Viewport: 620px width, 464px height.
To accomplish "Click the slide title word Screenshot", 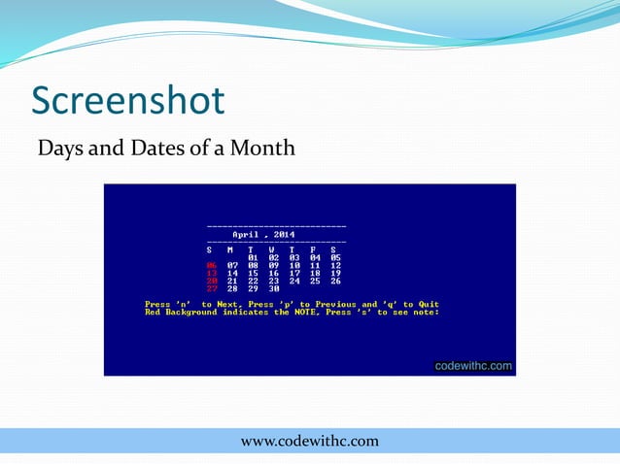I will pyautogui.click(x=127, y=100).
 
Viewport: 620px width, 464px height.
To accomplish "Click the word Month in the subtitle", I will pyautogui.click(x=262, y=149).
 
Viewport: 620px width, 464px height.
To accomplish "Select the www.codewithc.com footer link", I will pyautogui.click(x=309, y=442).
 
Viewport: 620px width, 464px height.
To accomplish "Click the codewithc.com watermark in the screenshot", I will pyautogui.click(x=472, y=366).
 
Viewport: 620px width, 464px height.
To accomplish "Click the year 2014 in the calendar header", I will pyautogui.click(x=285, y=234).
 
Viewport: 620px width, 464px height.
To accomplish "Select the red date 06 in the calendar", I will pyautogui.click(x=211, y=265).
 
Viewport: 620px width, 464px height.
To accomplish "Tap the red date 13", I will pyautogui.click(x=211, y=273).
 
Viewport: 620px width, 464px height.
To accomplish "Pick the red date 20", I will pyautogui.click(x=211, y=281).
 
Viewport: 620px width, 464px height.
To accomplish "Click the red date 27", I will pyautogui.click(x=211, y=288).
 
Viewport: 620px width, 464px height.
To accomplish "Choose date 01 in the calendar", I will pyautogui.click(x=253, y=257).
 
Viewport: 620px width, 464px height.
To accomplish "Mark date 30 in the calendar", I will pyautogui.click(x=273, y=288).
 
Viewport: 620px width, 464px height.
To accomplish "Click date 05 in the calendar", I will pyautogui.click(x=335, y=257).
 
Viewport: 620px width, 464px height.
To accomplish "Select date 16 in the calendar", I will pyautogui.click(x=273, y=273).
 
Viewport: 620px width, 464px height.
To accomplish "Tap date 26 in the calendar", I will pyautogui.click(x=335, y=281).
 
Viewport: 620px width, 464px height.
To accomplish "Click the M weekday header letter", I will pyautogui.click(x=230, y=249).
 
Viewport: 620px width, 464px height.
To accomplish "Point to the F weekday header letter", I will pyautogui.click(x=313, y=249).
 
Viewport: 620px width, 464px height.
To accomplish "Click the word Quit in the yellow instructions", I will pyautogui.click(x=429, y=305).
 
